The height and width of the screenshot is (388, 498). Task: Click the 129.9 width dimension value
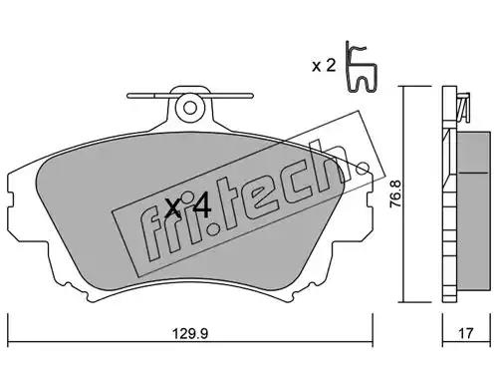[x=190, y=333]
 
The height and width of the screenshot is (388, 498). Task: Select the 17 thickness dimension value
[x=465, y=333]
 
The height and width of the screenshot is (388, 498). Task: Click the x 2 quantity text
[x=324, y=66]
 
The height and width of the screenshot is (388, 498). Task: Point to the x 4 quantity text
[x=188, y=206]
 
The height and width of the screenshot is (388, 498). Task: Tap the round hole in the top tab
[x=190, y=107]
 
